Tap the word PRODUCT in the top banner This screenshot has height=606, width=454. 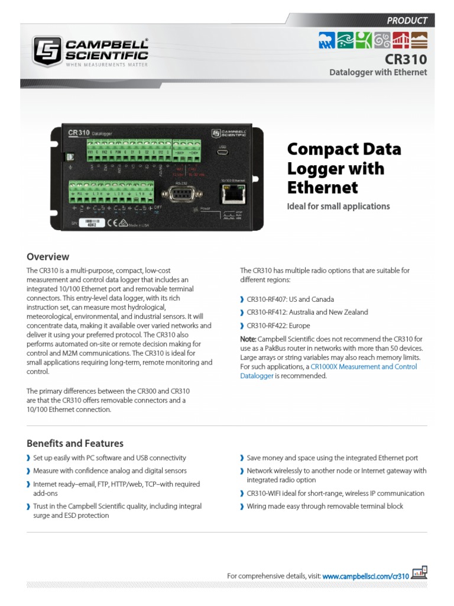(x=407, y=20)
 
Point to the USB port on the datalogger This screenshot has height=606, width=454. (x=223, y=152)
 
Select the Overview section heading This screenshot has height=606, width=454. (x=48, y=257)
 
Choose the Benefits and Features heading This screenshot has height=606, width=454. (x=75, y=443)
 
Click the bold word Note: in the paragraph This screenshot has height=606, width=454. (x=248, y=339)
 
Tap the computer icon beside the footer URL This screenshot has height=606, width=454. (x=419, y=573)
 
